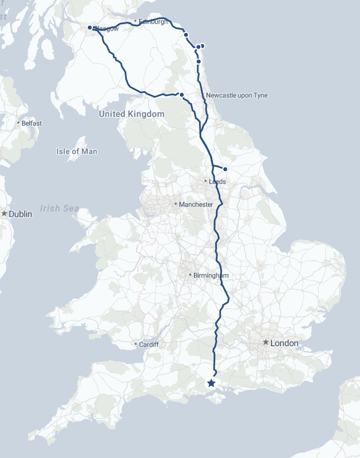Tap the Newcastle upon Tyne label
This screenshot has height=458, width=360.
(236, 96)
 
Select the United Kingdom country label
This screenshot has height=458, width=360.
(131, 114)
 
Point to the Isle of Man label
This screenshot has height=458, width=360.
(77, 152)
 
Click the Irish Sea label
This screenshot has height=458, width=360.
(59, 209)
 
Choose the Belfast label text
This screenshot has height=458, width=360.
(32, 123)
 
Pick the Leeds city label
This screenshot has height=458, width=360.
(217, 182)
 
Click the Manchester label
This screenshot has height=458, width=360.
(196, 205)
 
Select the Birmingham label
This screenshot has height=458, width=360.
(211, 275)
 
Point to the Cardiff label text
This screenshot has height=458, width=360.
(149, 344)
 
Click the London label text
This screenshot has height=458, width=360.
(284, 343)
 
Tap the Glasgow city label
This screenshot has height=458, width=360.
(106, 29)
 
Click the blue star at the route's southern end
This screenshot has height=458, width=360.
(211, 383)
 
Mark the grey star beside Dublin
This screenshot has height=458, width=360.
(4, 214)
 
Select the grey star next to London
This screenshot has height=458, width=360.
(266, 342)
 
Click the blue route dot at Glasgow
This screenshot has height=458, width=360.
(89, 27)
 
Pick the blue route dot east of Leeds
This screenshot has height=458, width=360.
(225, 169)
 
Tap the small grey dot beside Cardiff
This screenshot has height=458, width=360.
(136, 344)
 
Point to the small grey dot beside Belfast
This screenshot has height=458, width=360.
(18, 123)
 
